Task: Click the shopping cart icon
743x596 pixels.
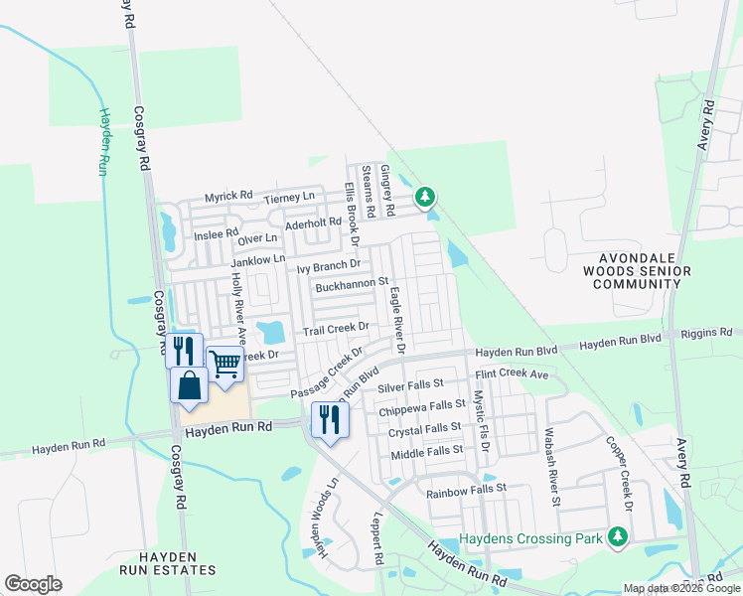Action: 225,365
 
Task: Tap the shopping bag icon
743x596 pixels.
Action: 189,384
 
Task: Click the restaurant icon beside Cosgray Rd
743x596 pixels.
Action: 184,351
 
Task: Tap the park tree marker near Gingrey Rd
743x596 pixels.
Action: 425,197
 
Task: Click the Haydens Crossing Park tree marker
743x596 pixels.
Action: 619,537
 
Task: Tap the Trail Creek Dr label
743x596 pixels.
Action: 336,328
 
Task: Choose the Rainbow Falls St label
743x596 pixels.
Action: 466,490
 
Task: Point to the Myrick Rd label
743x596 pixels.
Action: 228,197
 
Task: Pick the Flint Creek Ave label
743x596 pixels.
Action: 512,374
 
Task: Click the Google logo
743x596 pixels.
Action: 33,584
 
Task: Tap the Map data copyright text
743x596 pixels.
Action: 682,588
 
